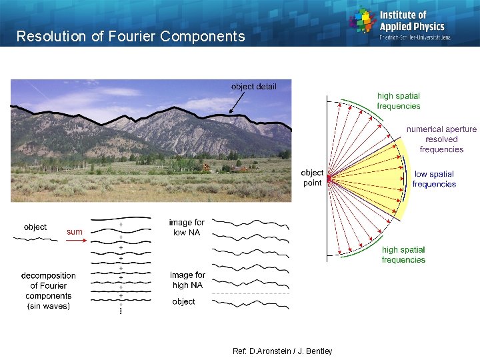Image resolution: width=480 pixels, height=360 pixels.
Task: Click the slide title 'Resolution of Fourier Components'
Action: [x=131, y=37]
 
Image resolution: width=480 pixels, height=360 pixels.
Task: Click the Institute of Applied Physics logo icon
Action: [x=363, y=20]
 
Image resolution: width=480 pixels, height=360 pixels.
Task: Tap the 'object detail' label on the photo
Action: [x=253, y=87]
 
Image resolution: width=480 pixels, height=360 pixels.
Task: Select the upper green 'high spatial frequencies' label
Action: [x=399, y=101]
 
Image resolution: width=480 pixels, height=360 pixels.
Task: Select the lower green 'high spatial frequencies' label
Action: [x=403, y=255]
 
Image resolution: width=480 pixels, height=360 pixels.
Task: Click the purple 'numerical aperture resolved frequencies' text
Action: [x=441, y=139]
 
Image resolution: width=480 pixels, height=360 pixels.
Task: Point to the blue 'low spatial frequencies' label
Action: [x=434, y=179]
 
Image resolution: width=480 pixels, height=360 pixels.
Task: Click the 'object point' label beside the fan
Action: [x=312, y=177]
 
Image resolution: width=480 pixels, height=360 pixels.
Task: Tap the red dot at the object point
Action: [x=329, y=178]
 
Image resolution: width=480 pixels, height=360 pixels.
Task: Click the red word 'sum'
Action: [x=75, y=232]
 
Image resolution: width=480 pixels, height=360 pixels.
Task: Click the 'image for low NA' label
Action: [x=187, y=227]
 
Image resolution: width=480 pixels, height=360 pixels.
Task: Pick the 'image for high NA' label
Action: [x=187, y=280]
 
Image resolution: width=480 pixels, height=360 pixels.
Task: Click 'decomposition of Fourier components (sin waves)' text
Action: [x=49, y=291]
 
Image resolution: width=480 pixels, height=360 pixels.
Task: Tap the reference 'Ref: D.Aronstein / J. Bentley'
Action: [x=282, y=351]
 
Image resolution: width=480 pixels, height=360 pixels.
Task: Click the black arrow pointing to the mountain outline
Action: [x=238, y=103]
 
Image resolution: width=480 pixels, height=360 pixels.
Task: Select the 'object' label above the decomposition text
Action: [x=35, y=227]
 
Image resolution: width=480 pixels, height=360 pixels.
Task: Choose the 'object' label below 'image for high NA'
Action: [x=183, y=302]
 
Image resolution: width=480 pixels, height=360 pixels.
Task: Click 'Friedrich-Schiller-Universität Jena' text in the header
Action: [x=415, y=37]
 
